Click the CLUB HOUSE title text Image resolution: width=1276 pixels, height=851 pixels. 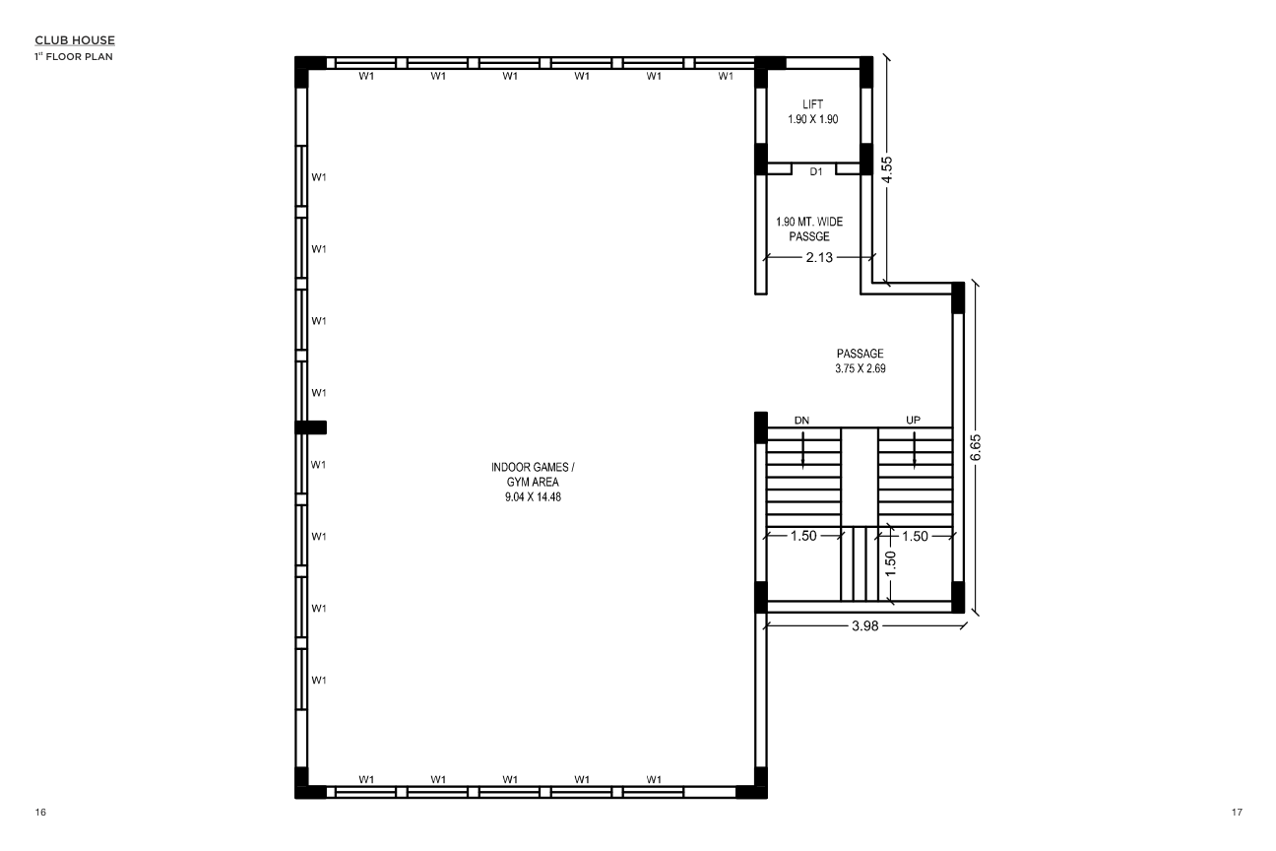click(x=75, y=40)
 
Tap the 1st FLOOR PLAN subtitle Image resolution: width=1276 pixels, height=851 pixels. click(x=74, y=56)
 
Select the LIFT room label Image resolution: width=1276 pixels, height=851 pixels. click(x=813, y=104)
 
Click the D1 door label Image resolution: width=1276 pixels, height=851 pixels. click(x=816, y=171)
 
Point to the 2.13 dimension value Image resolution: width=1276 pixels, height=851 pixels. click(x=819, y=258)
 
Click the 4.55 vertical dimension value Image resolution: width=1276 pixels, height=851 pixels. click(x=887, y=169)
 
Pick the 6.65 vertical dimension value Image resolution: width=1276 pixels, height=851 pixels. click(x=976, y=447)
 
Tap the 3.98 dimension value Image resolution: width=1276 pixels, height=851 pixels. click(x=864, y=625)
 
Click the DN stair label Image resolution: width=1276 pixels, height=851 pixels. click(x=801, y=421)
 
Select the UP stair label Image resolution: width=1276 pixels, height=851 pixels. click(x=913, y=421)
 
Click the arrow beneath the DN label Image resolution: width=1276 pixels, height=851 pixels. click(x=803, y=450)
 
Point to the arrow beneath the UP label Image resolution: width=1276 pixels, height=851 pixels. click(x=915, y=450)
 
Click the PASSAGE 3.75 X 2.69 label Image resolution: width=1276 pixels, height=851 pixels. click(x=861, y=360)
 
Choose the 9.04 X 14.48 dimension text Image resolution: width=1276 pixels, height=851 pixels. click(x=533, y=497)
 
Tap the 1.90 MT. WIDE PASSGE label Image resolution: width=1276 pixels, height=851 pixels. click(x=809, y=229)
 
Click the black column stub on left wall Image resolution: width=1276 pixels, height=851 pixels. click(x=310, y=427)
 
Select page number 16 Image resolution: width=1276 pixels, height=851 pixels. click(x=40, y=813)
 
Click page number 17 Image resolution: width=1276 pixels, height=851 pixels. click(x=1237, y=813)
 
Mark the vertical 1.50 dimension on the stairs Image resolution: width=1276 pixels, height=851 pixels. click(x=890, y=563)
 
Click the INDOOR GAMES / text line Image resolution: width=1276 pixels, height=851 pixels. click(x=533, y=468)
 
